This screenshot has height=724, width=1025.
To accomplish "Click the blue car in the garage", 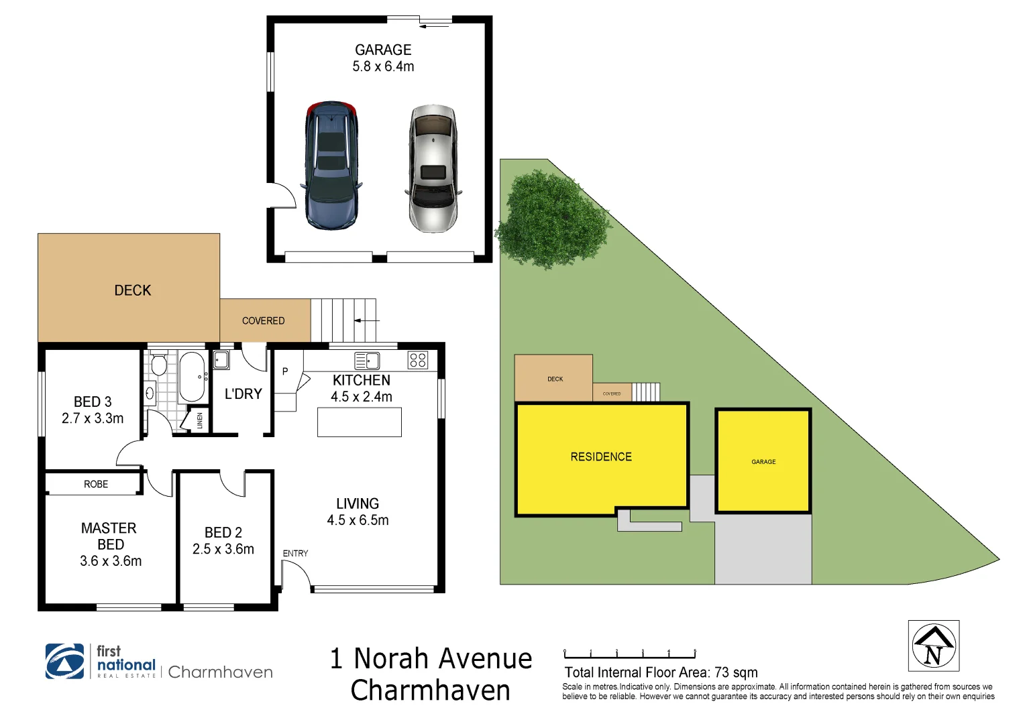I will [331, 166].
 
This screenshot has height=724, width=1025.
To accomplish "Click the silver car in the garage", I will [433, 168].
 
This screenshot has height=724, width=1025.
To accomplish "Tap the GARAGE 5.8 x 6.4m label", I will [383, 58].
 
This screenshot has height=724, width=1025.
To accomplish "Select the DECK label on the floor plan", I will [133, 290].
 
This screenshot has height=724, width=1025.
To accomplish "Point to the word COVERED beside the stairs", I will [263, 321].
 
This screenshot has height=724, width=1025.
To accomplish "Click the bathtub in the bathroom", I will [193, 377].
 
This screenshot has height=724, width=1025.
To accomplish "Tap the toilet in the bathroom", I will [159, 365].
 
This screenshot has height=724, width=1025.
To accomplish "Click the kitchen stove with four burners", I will [417, 360].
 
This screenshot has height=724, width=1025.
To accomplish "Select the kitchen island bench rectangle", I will [359, 422].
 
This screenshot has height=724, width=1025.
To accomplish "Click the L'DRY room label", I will [243, 394].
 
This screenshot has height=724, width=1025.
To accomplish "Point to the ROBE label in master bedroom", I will [96, 484].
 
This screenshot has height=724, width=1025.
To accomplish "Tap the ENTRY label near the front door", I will [295, 553].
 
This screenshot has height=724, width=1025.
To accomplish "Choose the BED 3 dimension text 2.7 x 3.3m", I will [93, 418].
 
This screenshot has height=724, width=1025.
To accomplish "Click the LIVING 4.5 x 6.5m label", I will [358, 511].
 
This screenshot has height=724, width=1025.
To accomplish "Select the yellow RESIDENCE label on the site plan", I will [601, 457].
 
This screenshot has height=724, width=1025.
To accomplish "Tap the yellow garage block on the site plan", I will [763, 461].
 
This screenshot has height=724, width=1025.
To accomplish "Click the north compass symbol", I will [933, 646].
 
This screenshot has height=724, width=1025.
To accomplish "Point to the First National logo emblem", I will [65, 661].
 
